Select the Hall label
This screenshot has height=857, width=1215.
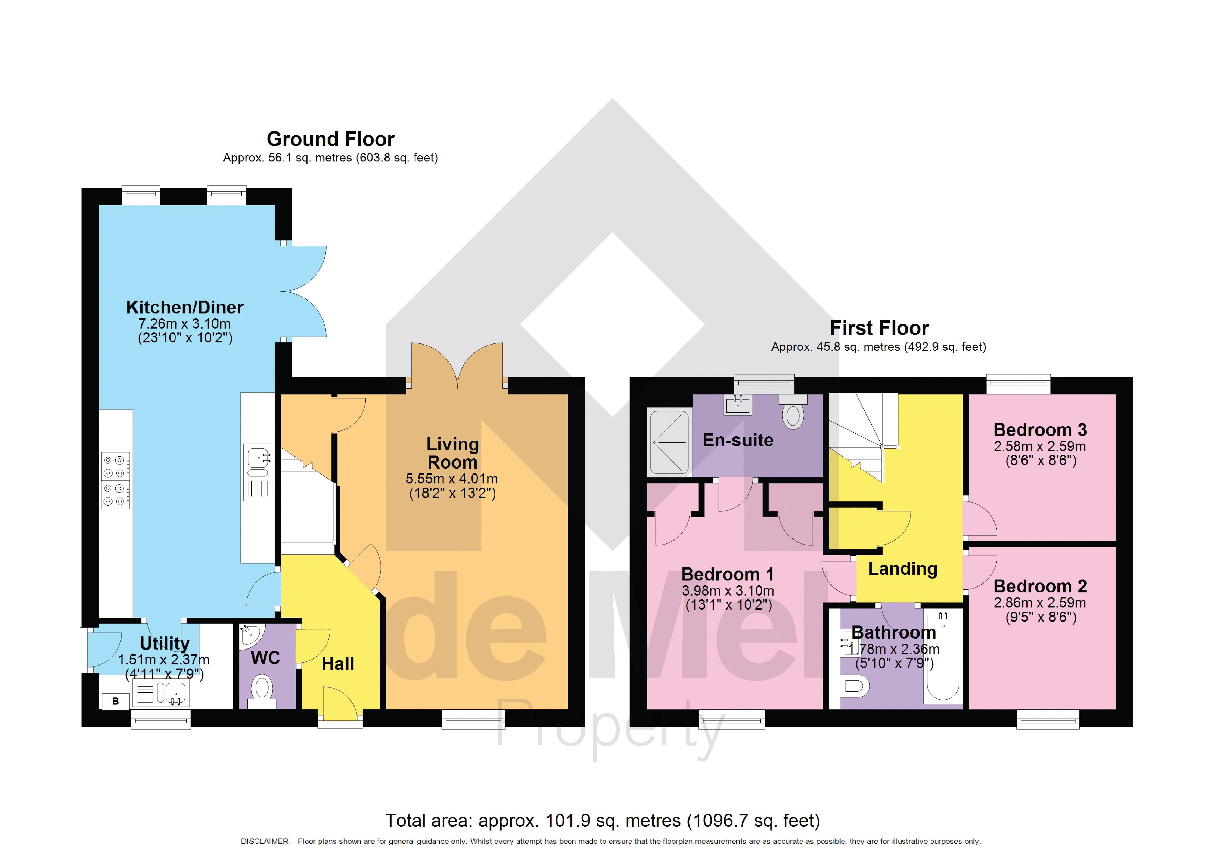pyautogui.click(x=338, y=664)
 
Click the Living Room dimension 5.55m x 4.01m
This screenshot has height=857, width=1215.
pyautogui.click(x=451, y=479)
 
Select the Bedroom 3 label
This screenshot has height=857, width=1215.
pyautogui.click(x=1040, y=429)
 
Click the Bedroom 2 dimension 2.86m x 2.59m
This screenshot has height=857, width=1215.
pyautogui.click(x=1040, y=603)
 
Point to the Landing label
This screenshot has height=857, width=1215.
pyautogui.click(x=903, y=568)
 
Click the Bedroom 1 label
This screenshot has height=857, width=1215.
pyautogui.click(x=728, y=574)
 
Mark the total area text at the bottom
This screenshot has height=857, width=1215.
pyautogui.click(x=602, y=821)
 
